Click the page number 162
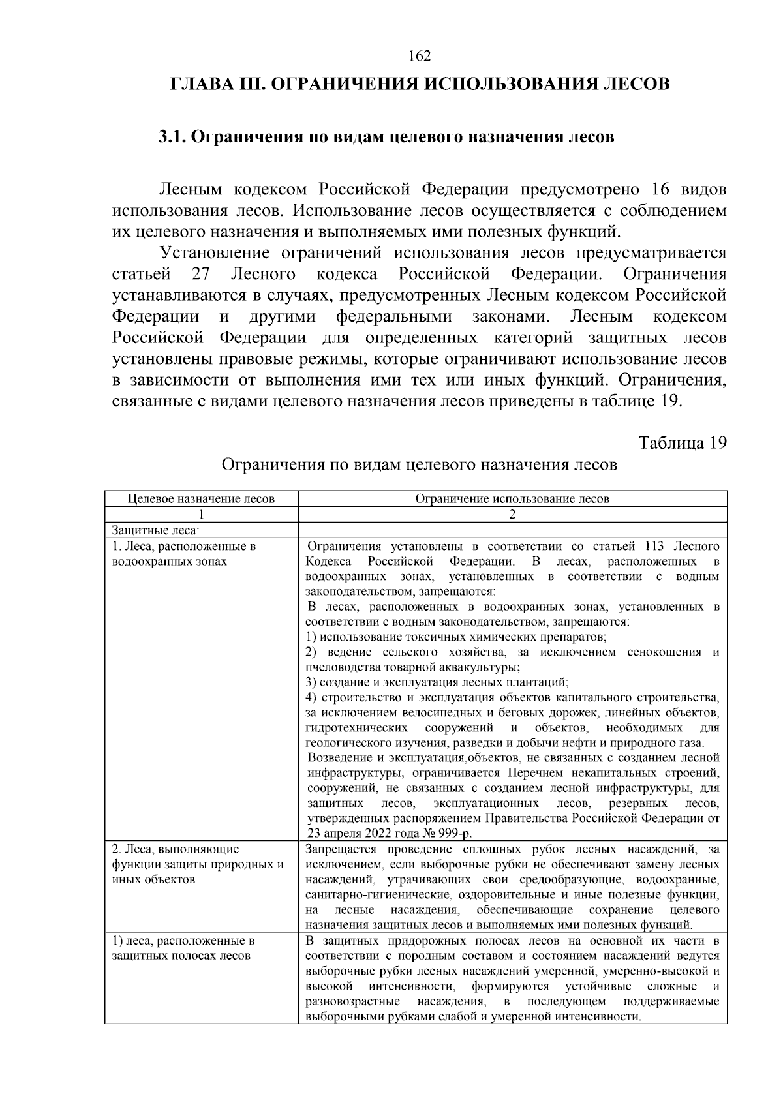pyautogui.click(x=420, y=56)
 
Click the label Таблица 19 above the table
pyautogui.click(x=683, y=443)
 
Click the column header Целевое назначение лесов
pyautogui.click(x=201, y=499)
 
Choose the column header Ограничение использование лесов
pyautogui.click(x=512, y=499)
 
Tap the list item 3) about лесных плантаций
pyautogui.click(x=437, y=682)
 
